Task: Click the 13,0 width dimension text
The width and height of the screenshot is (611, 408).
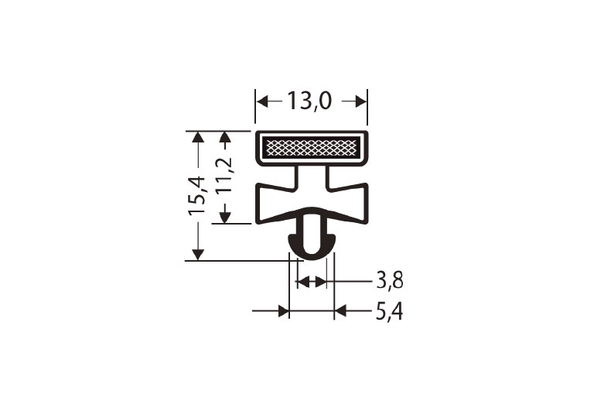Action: click(x=311, y=101)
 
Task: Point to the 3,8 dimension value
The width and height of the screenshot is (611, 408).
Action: click(x=390, y=280)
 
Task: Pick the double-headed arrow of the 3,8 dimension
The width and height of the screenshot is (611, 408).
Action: click(x=312, y=281)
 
